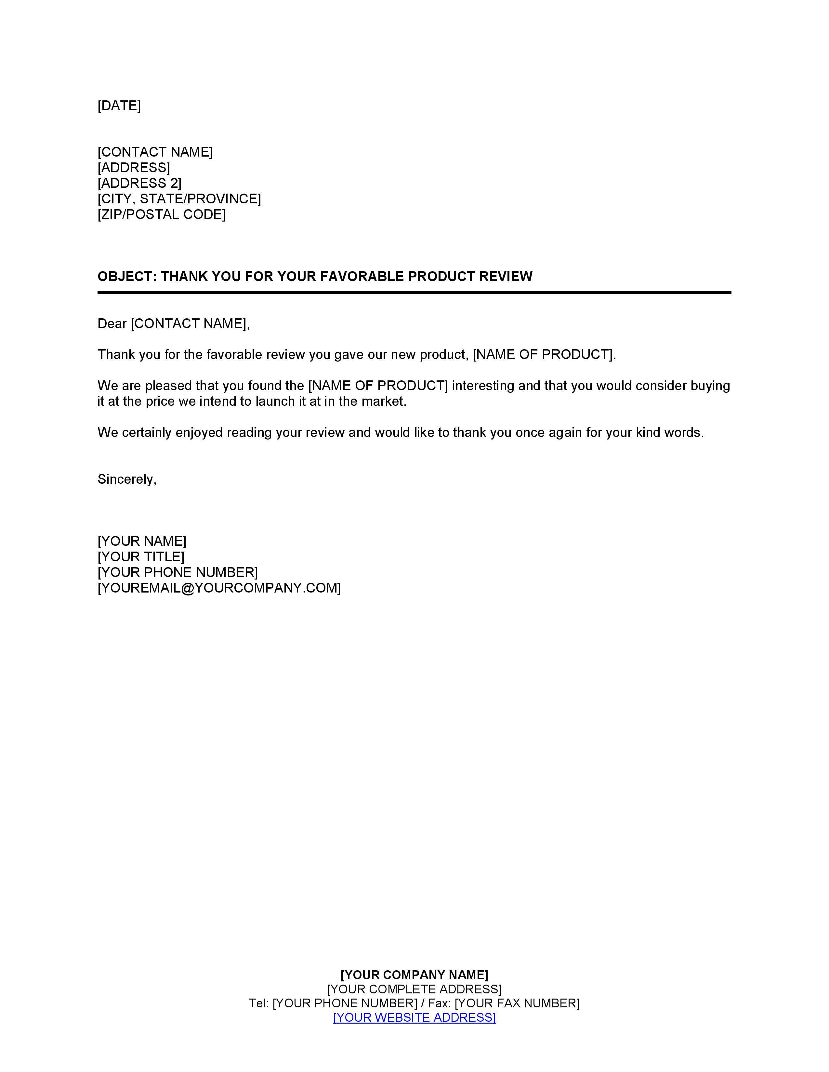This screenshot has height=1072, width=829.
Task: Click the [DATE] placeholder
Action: [x=119, y=106]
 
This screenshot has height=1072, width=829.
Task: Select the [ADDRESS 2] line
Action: [x=139, y=183]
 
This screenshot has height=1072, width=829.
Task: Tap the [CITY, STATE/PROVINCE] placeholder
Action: [x=179, y=199]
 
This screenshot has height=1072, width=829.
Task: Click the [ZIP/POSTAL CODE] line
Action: [x=162, y=214]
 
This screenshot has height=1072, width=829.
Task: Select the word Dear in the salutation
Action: [x=112, y=324]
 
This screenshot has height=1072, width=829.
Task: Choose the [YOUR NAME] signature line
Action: [x=142, y=541]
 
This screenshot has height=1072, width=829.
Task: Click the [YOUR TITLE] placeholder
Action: [x=141, y=556]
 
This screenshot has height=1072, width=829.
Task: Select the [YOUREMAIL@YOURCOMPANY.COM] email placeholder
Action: [x=219, y=588]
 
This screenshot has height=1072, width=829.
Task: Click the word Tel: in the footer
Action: [x=258, y=1003]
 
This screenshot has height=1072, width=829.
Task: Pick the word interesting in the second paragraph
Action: [x=483, y=386]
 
